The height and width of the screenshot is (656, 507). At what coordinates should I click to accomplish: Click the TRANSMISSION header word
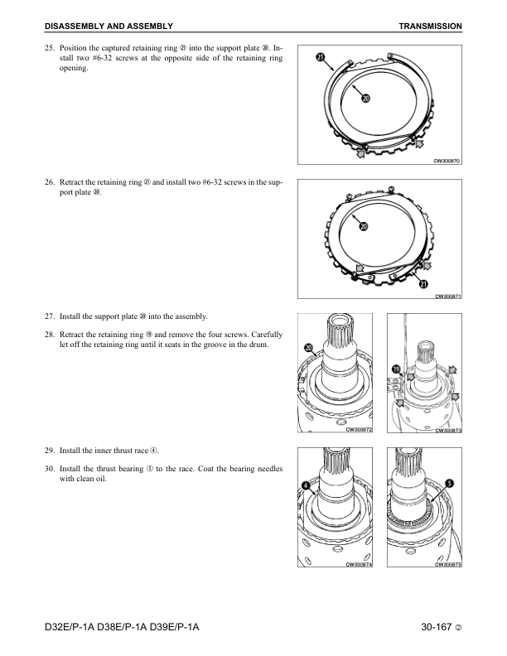click(x=429, y=27)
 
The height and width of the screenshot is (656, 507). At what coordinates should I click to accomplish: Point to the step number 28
click(x=49, y=334)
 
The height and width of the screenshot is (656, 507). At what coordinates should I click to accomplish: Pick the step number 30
click(x=49, y=469)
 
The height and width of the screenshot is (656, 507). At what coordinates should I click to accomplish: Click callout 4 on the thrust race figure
click(x=306, y=485)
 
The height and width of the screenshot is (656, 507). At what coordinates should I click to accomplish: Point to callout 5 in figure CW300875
click(x=448, y=483)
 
